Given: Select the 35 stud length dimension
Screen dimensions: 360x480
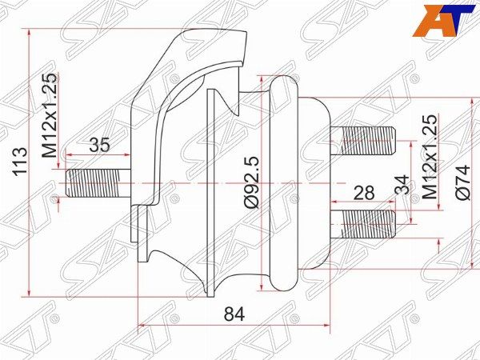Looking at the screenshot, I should click(99, 146).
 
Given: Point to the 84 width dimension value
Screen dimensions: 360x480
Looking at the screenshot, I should click(234, 314).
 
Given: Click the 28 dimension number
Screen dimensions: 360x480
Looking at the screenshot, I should click(365, 193).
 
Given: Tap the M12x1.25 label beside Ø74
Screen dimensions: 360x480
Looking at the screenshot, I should click(430, 156).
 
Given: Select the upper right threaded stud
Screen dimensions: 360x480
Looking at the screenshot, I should click(368, 141).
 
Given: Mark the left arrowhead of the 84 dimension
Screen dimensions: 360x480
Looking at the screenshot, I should click(142, 325).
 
